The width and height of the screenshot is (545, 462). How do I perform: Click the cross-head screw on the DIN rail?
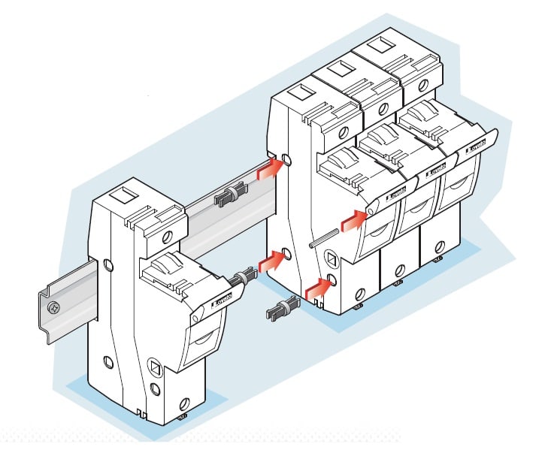coord(53,308)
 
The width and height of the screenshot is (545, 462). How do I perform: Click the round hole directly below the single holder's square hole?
coord(154,389)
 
